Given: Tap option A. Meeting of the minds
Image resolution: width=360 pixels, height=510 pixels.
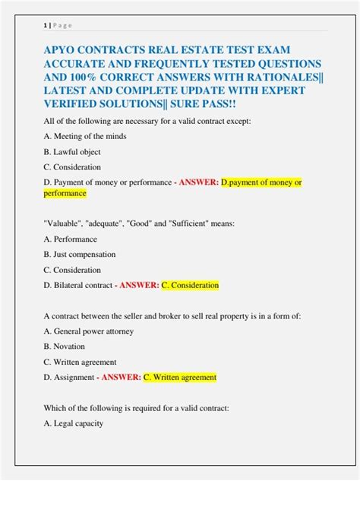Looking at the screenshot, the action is point(85,136).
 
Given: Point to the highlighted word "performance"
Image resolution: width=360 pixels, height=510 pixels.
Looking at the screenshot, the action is point(65,194).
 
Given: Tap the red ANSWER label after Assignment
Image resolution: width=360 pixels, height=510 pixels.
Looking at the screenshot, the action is point(121,377).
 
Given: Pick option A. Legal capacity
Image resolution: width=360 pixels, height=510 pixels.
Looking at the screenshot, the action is point(74,423).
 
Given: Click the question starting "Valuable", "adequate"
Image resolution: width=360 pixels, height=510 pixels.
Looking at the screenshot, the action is point(140,223).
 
